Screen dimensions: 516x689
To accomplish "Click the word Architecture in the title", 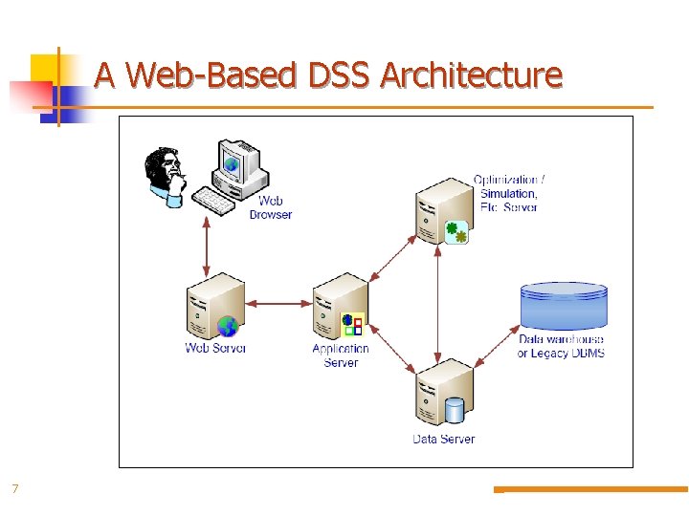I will click(471, 75).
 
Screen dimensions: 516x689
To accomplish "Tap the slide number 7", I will click(15, 489).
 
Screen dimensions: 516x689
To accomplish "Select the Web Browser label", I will click(271, 207).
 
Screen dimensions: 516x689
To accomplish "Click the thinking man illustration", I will click(167, 176).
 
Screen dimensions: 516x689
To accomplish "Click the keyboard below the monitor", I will click(221, 200).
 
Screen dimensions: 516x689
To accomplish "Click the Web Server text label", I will click(215, 348).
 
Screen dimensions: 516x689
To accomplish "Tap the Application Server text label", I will click(341, 355).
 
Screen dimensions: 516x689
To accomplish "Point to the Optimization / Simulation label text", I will click(509, 193).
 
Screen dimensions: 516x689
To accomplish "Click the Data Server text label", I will click(443, 439).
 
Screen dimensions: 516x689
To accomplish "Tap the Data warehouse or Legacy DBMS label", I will click(561, 346).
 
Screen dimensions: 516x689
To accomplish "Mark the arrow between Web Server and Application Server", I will click(278, 304).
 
